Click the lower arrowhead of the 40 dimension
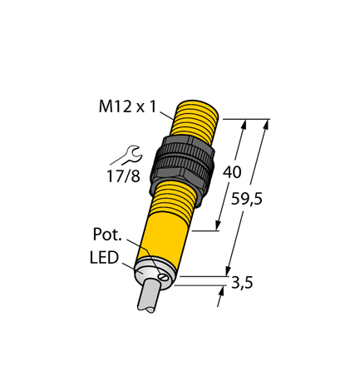pos(219,225)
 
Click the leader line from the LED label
pos(132,265)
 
